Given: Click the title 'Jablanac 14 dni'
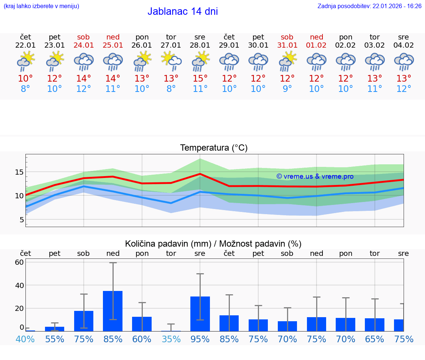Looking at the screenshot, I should (x=183, y=11).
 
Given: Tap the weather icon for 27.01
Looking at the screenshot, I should (x=171, y=61).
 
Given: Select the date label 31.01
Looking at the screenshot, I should (x=287, y=45).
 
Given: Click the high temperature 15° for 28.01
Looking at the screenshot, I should (x=200, y=79).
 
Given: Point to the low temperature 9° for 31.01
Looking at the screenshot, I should (x=287, y=89).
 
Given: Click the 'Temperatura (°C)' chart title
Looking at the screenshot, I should (x=214, y=148).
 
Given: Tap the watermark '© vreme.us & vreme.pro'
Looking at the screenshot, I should (x=315, y=176).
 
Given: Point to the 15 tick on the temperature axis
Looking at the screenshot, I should (x=19, y=172).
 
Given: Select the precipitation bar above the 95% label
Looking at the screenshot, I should (x=200, y=314).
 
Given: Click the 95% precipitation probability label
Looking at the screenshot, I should (x=200, y=339).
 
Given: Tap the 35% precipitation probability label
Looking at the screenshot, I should (x=171, y=339).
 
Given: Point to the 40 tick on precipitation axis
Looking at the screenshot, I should (x=19, y=285).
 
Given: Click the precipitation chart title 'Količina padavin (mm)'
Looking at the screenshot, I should (x=168, y=244).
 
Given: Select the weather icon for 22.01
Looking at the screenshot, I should (x=25, y=61).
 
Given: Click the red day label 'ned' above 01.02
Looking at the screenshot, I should (x=316, y=37).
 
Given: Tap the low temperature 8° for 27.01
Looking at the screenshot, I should (x=171, y=89).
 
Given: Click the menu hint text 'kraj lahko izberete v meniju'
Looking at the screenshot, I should (x=41, y=6).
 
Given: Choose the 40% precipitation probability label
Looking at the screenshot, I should (x=25, y=339).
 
